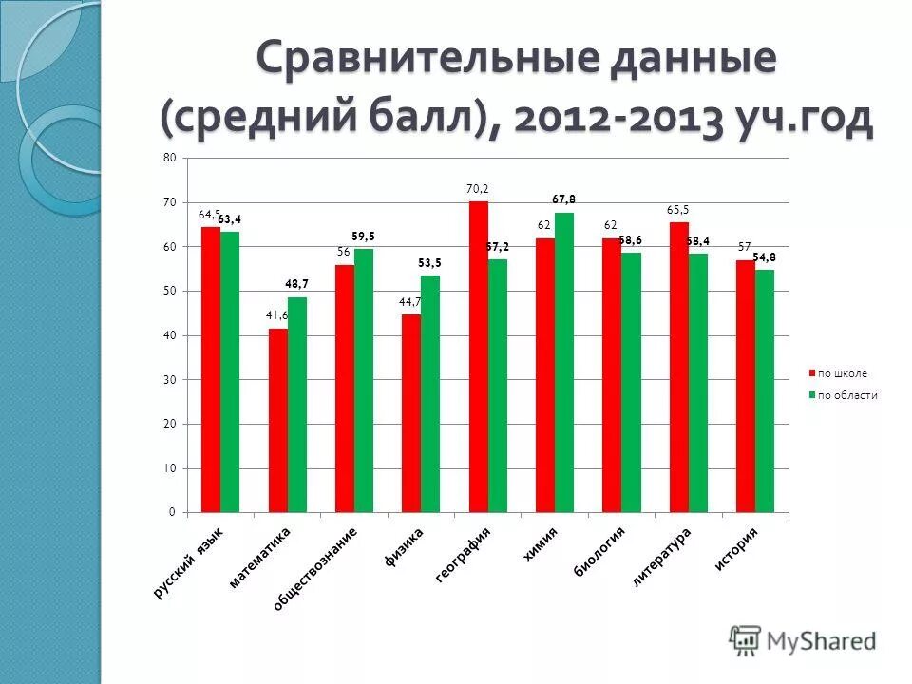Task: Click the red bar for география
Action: [x=478, y=357]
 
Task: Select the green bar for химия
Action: [x=564, y=363]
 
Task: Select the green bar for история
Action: [x=765, y=391]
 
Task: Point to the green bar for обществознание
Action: [x=364, y=381]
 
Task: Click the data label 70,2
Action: [x=477, y=189]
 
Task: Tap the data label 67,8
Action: [x=564, y=199]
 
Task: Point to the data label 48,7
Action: [x=297, y=284]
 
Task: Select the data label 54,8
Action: [x=765, y=257]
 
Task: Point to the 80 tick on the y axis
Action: [x=170, y=158]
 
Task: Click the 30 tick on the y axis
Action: [x=170, y=380]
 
